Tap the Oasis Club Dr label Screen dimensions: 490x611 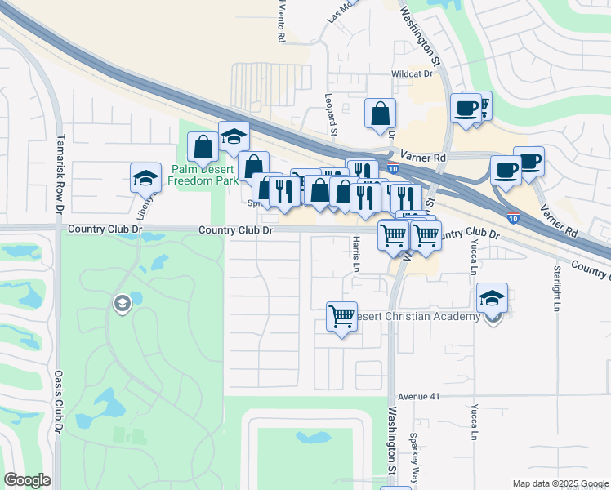pyautogui.click(x=59, y=403)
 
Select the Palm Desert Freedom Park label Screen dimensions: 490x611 pyautogui.click(x=203, y=175)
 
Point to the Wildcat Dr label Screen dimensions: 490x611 pyautogui.click(x=411, y=73)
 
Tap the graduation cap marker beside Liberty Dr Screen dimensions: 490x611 pyautogui.click(x=145, y=176)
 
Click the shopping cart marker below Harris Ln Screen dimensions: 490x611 pyautogui.click(x=341, y=315)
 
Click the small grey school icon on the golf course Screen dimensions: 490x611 pyautogui.click(x=122, y=304)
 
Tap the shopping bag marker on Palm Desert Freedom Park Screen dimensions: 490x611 pyautogui.click(x=203, y=146)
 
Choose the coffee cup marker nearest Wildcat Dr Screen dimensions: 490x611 pyautogui.click(x=466, y=108)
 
